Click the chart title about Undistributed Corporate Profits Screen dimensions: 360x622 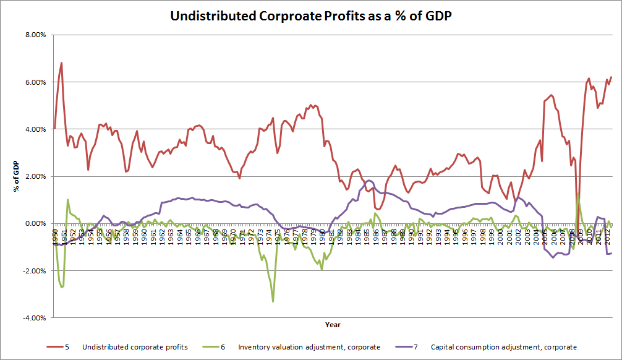pyautogui.click(x=311, y=16)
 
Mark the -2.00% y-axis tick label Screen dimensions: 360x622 pyautogui.click(x=36, y=270)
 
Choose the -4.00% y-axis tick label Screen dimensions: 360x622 pyautogui.click(x=36, y=317)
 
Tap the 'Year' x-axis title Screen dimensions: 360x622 pyautogui.click(x=333, y=325)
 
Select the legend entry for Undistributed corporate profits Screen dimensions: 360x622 pyautogui.click(x=127, y=347)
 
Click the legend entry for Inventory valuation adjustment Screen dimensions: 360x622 pyautogui.click(x=309, y=347)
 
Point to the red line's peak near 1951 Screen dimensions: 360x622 pyautogui.click(x=61, y=63)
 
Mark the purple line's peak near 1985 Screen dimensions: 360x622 pyautogui.click(x=369, y=181)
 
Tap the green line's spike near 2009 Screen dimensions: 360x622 pyautogui.click(x=577, y=194)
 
